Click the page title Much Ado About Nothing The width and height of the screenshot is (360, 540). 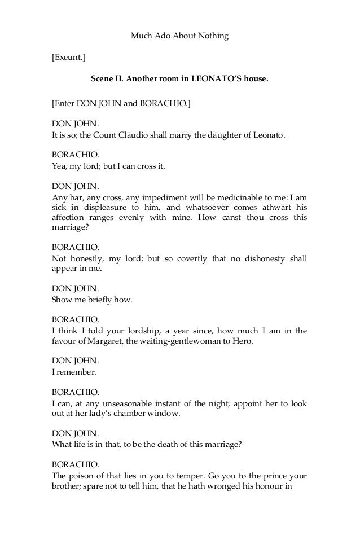point(179,36)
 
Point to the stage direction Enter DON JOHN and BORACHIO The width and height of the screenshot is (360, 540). point(121,103)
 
